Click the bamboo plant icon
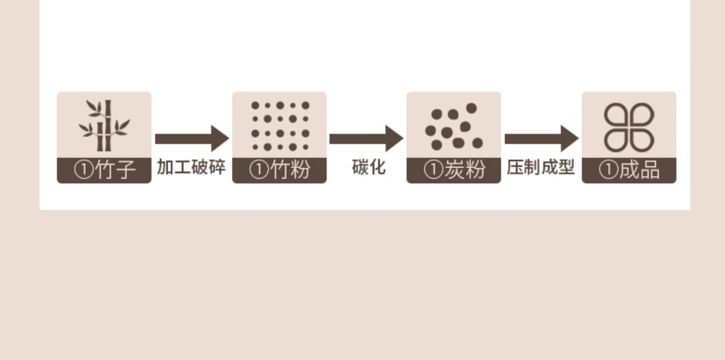click(104, 125)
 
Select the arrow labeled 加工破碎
click(191, 139)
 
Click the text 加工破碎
click(191, 167)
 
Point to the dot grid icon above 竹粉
click(279, 126)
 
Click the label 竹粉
click(290, 171)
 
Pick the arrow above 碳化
click(366, 139)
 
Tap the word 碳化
click(369, 167)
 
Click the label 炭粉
click(464, 171)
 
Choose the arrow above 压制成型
click(541, 139)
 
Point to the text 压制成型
click(541, 167)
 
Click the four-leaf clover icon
click(629, 127)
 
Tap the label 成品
click(639, 171)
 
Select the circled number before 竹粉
click(259, 171)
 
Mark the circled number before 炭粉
click(434, 171)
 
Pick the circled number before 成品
click(609, 171)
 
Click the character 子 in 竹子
click(126, 171)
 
